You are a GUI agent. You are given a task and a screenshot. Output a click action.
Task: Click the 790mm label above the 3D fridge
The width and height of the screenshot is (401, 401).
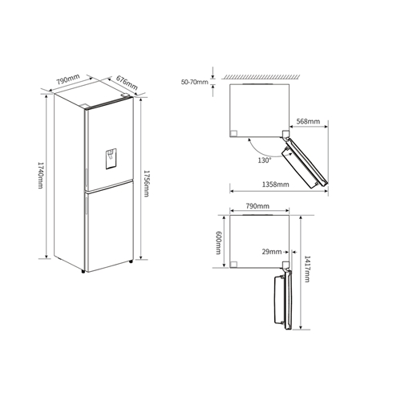click(x=67, y=80)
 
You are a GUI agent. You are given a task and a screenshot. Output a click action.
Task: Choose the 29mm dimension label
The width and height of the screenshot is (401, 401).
click(x=270, y=251)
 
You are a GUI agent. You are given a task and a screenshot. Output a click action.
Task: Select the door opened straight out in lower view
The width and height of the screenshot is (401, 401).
click(x=282, y=300)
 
